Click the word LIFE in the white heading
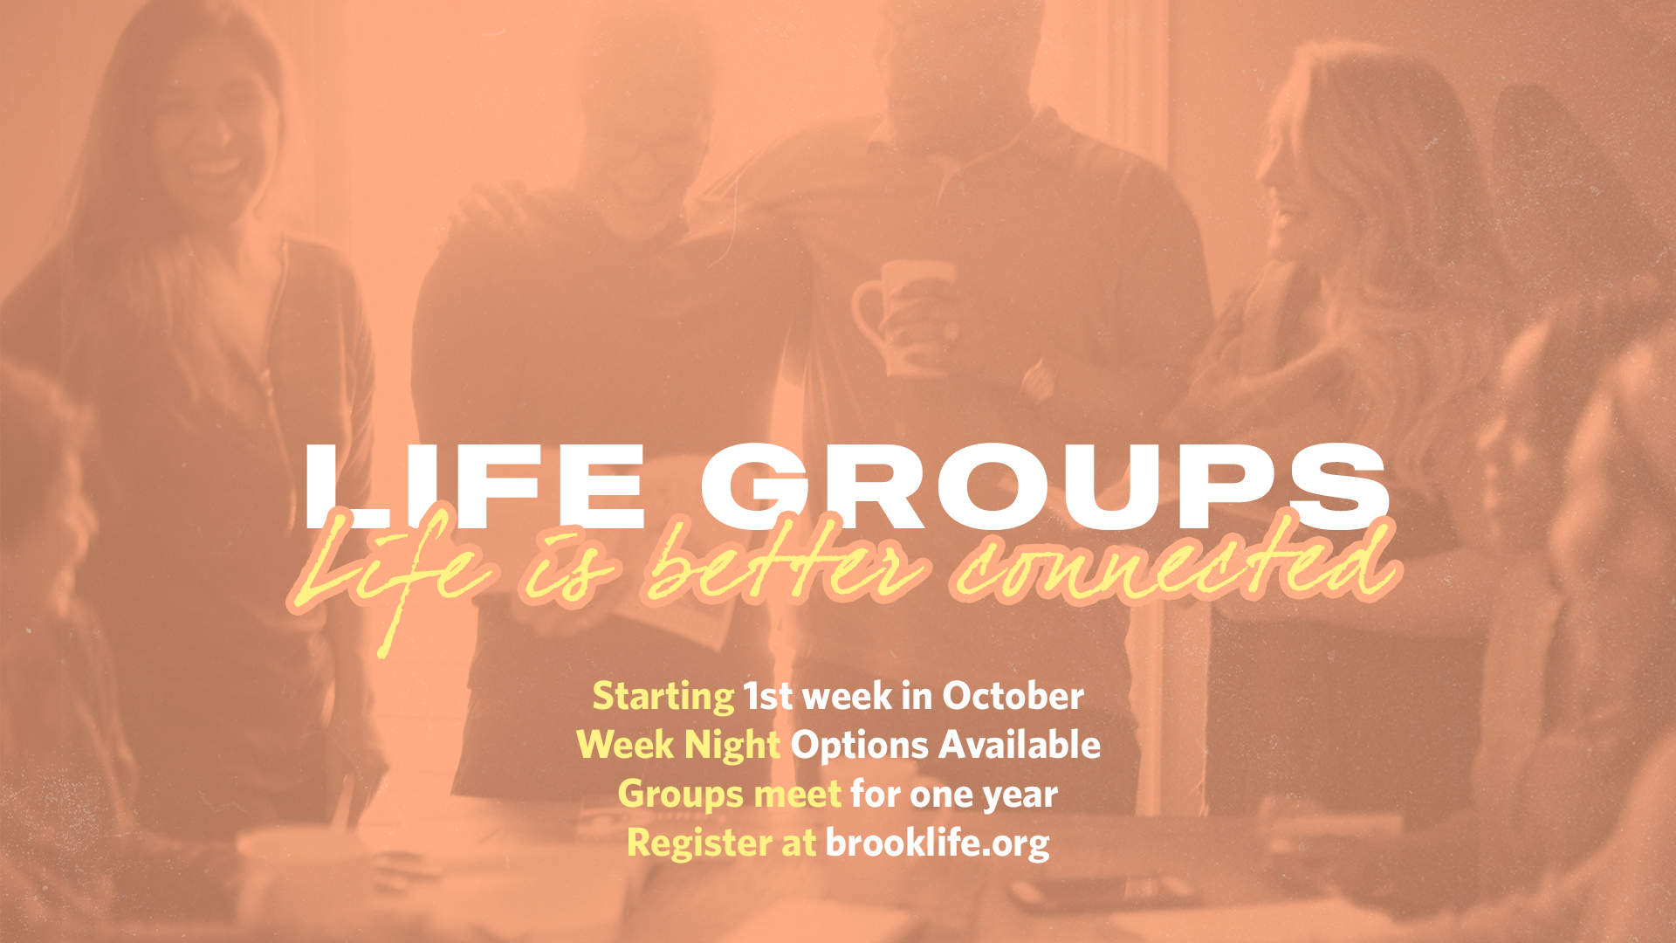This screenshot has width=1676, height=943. (x=476, y=486)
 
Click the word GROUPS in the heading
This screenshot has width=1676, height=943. (x=1044, y=486)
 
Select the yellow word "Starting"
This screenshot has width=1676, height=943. (x=663, y=697)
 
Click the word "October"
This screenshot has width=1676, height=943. (x=1013, y=696)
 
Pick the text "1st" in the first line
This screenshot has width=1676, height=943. (x=768, y=696)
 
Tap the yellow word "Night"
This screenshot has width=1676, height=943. (x=732, y=746)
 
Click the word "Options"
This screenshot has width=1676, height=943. (x=859, y=746)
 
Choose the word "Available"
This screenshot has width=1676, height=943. (x=1020, y=744)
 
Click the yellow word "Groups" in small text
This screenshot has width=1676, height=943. (x=681, y=795)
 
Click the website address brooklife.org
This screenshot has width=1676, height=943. (x=938, y=843)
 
